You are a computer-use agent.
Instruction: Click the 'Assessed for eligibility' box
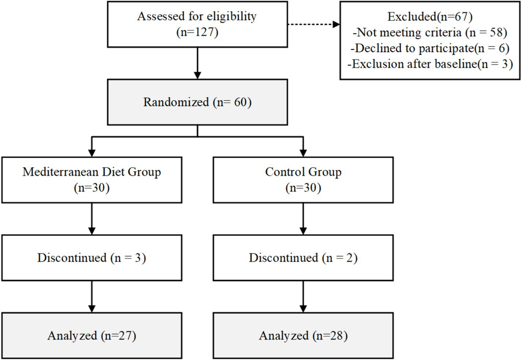pos(197,24)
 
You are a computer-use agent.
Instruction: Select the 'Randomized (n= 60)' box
pos(197,102)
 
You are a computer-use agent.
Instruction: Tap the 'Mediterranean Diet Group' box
pos(92,180)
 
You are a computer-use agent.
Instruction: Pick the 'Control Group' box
pos(303,180)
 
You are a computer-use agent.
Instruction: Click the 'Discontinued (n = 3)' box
pos(92,258)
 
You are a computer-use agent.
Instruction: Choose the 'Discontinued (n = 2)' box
pos(303,258)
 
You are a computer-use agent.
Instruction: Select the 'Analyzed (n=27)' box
pos(92,336)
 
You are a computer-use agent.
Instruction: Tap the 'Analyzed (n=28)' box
pos(303,336)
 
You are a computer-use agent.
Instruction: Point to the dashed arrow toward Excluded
pos(314,24)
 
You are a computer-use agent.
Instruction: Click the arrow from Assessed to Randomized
pos(197,64)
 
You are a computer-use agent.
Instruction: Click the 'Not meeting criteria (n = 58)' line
pos(430,32)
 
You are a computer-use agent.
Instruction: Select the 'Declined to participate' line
pos(430,48)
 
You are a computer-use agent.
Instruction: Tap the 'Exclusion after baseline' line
pos(430,64)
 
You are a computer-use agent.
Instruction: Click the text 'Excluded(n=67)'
pos(430,17)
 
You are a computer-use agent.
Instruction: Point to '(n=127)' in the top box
pos(197,32)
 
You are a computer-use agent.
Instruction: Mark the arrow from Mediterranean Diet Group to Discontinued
pos(92,219)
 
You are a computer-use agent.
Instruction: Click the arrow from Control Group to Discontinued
pos(303,219)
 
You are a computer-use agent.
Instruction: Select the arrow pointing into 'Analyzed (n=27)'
pos(92,296)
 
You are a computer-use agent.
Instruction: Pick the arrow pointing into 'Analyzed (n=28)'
pos(303,296)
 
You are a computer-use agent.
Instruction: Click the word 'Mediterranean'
pos(60,172)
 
